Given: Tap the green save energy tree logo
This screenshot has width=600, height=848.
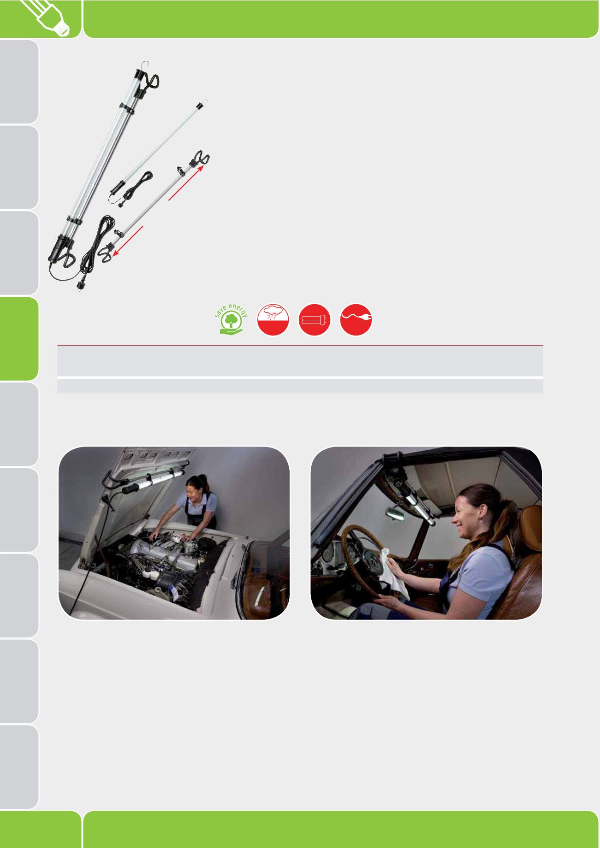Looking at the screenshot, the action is (x=232, y=320).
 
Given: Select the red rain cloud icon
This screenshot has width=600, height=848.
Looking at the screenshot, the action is (x=273, y=320).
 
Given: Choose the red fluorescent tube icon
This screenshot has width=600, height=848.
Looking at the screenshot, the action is (x=315, y=320).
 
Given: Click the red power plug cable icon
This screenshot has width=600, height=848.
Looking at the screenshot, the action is (x=356, y=320).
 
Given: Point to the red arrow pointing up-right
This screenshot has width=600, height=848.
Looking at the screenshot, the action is (x=186, y=183).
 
